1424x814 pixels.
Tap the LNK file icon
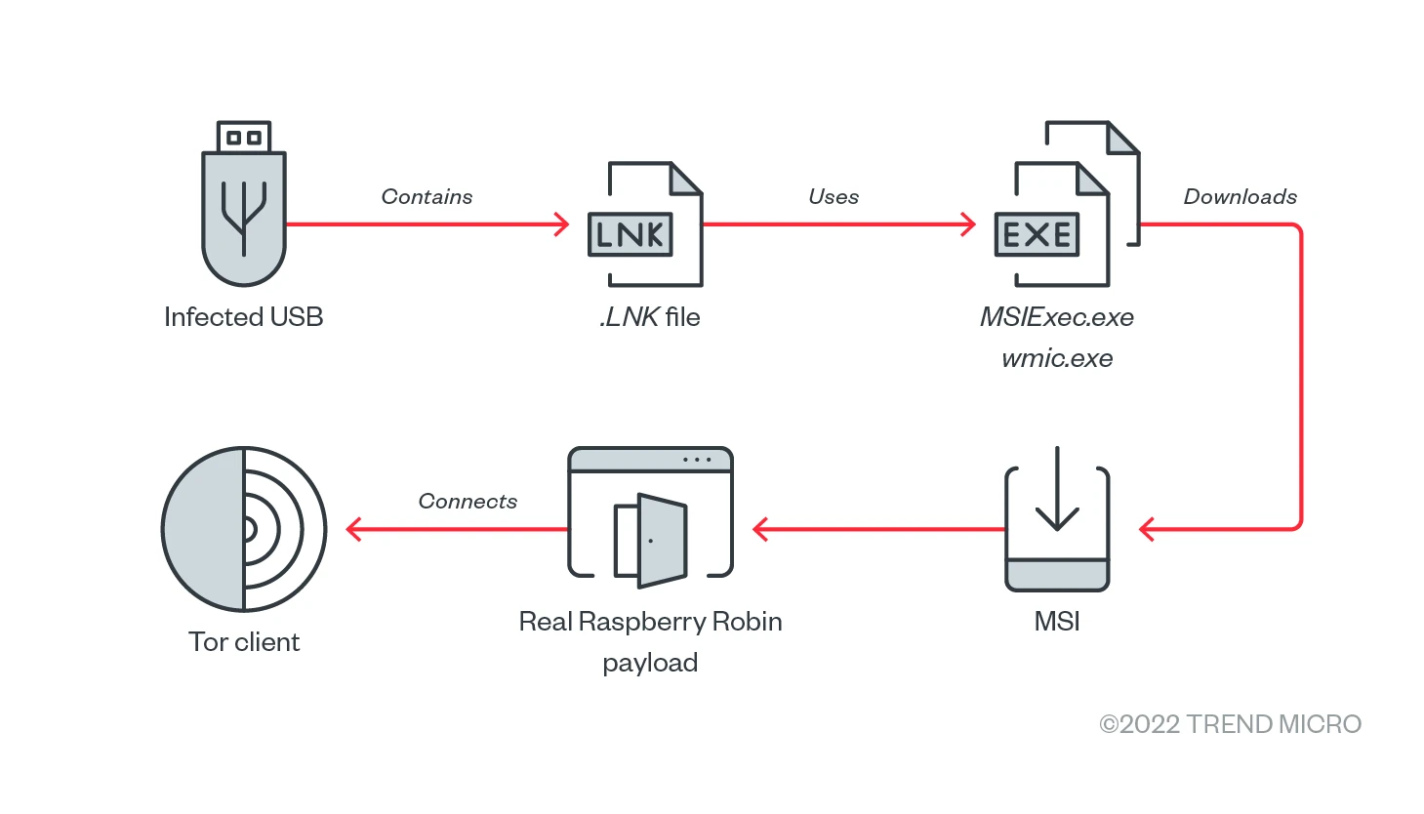644,225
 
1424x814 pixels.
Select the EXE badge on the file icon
1037,234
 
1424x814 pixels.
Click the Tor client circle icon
244,529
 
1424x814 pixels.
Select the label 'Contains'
427,197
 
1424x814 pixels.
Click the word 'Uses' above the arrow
834,197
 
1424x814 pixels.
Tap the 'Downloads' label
1240,197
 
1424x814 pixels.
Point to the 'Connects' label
468,502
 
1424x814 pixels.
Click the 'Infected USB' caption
243,317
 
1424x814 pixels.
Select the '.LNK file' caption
650,317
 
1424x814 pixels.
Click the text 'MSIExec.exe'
1057,317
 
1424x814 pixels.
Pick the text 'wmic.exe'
1057,358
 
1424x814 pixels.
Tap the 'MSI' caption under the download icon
1057,622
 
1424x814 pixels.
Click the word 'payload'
650,663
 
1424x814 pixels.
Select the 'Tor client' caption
244,642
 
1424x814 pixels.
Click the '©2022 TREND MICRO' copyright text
1230,724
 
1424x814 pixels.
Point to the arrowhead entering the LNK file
562,224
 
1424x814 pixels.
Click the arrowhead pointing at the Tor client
353,529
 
